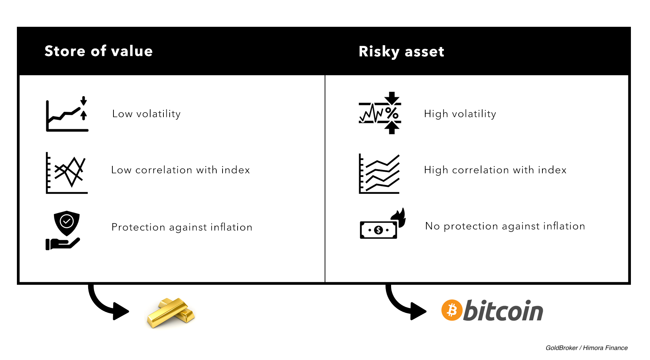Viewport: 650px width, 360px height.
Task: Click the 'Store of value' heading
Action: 98,51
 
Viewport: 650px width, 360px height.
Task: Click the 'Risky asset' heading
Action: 401,52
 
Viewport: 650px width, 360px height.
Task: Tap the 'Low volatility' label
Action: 147,114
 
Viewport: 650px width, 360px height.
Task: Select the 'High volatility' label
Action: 460,114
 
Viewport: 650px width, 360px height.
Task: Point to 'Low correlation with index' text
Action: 181,170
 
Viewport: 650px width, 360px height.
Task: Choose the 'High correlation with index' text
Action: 495,170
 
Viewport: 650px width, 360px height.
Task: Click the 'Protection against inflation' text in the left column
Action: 182,227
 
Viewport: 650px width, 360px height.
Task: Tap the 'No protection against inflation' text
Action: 505,226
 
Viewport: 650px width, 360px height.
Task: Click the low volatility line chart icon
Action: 67,114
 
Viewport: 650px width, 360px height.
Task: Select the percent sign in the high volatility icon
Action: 392,113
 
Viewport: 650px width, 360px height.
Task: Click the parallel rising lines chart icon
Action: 379,174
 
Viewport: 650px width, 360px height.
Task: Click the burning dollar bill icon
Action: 383,223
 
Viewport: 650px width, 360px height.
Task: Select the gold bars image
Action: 171,313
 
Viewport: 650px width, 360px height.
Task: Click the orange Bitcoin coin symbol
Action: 452,310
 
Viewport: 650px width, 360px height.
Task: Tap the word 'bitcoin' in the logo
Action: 503,310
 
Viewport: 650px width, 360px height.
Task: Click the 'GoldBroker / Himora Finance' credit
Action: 586,348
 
